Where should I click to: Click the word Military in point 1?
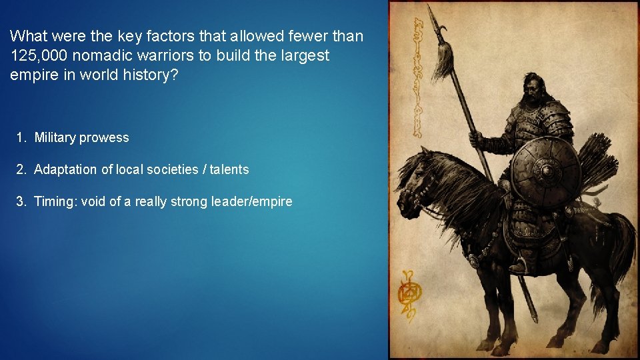[x=55, y=138]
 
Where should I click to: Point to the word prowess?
[x=104, y=138]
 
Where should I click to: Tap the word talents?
[x=229, y=169]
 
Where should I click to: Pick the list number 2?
[x=21, y=169]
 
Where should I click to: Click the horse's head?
[x=417, y=180]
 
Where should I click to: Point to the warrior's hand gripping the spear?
[x=475, y=139]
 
